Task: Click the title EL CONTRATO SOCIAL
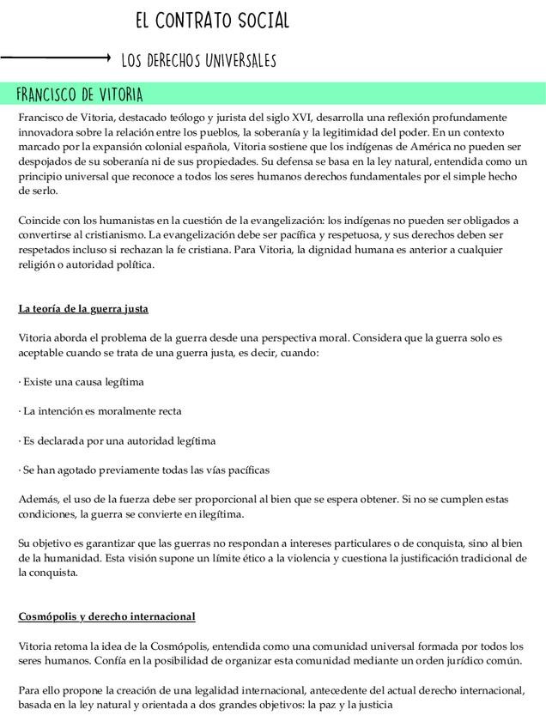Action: tap(211, 21)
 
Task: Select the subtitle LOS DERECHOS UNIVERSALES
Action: tap(198, 60)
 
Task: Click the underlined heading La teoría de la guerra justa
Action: tap(89, 308)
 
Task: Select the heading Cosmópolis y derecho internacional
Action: tap(106, 616)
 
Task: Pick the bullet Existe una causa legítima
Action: tap(82, 381)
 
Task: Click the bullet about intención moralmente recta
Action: tap(100, 411)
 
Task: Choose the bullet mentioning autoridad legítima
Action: tap(117, 440)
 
